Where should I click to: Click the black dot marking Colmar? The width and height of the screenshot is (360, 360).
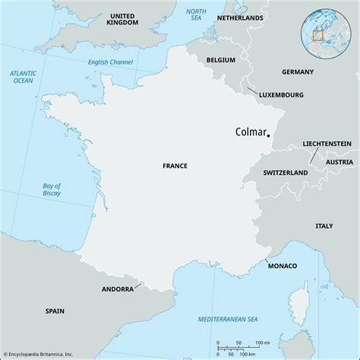(x=269, y=135)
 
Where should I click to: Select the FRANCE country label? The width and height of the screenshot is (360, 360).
(x=175, y=165)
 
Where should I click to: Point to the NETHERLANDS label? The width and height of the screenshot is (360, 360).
(x=240, y=17)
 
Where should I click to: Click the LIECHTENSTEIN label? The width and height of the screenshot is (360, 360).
(x=327, y=143)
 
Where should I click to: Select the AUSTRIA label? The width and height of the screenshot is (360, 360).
(x=339, y=163)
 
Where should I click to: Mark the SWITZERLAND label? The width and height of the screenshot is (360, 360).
(x=286, y=173)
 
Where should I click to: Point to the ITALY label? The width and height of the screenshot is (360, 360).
(x=324, y=226)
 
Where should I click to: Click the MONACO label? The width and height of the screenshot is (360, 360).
(x=282, y=265)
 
